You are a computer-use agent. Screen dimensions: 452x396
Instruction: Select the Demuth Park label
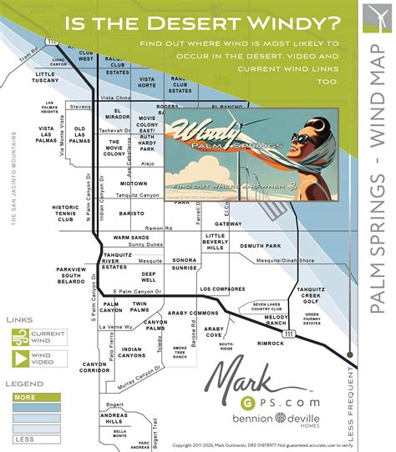point(259,246)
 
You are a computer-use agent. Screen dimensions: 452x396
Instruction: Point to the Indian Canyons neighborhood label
point(131,352)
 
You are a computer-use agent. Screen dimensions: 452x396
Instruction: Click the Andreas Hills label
point(114,419)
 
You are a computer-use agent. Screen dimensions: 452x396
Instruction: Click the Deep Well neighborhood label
point(149,277)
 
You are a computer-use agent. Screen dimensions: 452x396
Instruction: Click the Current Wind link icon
point(21,337)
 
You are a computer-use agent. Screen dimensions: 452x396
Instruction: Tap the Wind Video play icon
point(21,359)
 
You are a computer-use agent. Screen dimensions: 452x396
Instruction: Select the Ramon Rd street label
point(157,228)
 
